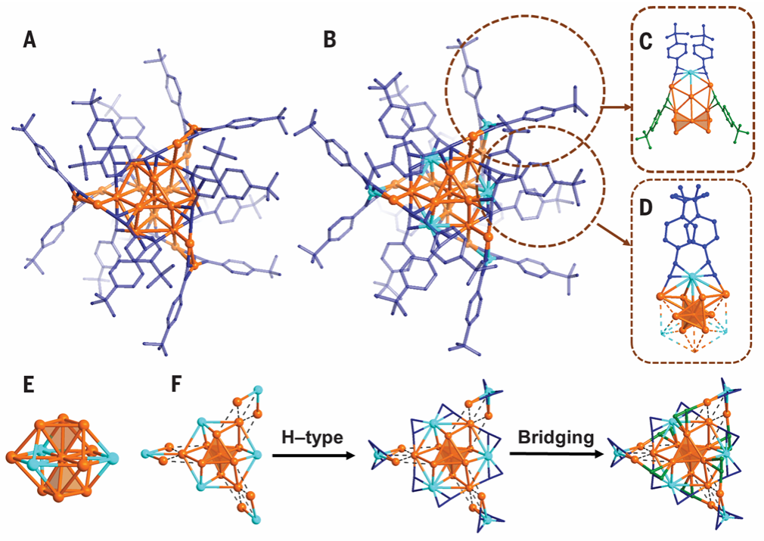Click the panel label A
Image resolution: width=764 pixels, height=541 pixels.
(x=30, y=40)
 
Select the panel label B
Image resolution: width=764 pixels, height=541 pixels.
(x=330, y=40)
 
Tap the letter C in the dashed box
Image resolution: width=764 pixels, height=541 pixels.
(x=645, y=42)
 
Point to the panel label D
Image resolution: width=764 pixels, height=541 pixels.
(x=646, y=208)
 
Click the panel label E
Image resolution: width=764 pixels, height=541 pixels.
(x=29, y=385)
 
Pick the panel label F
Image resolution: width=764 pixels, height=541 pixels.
(x=176, y=385)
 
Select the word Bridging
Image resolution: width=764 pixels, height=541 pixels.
(x=556, y=437)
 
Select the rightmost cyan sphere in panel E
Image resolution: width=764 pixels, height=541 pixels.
(x=112, y=458)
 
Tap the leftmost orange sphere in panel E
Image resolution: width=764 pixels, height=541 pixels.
(x=11, y=457)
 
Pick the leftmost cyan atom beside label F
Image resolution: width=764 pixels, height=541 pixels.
(x=144, y=454)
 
